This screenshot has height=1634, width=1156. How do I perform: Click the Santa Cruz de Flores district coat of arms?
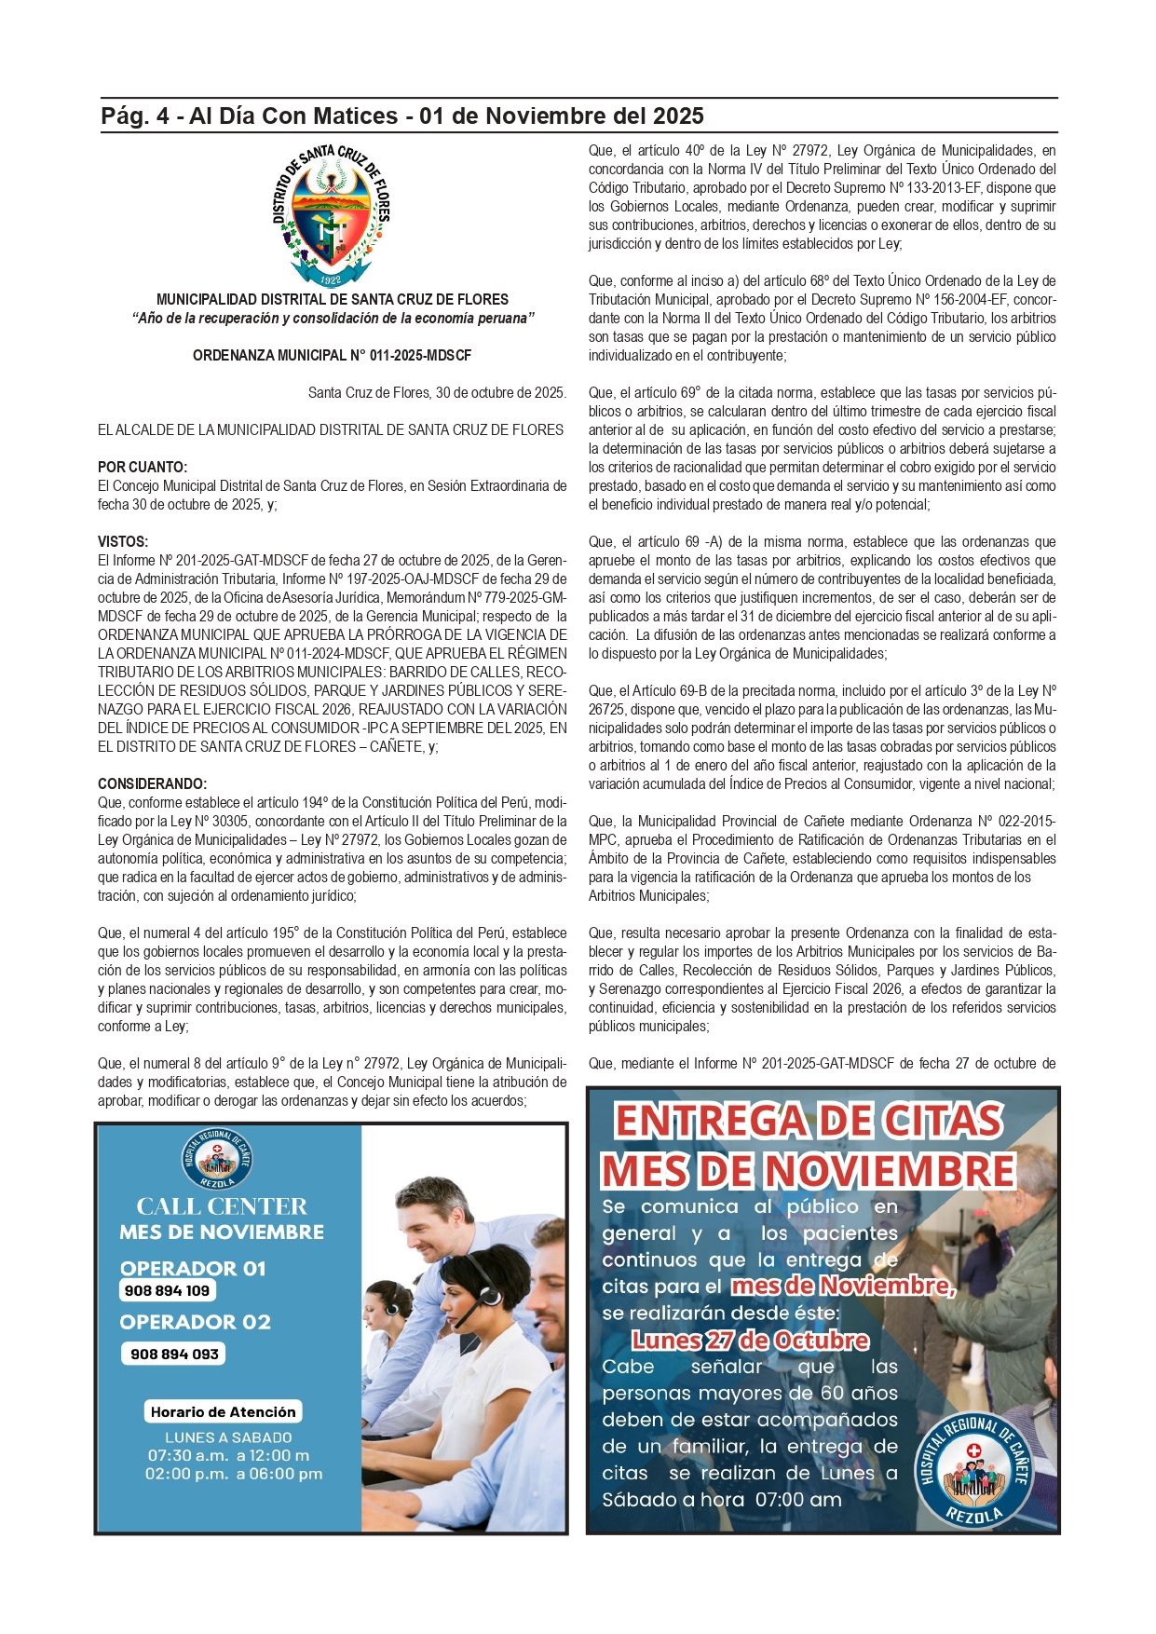[x=331, y=217]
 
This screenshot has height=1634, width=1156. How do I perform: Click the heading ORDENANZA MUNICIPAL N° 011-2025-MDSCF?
[x=332, y=356]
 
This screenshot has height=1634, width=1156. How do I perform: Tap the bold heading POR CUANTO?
[x=143, y=468]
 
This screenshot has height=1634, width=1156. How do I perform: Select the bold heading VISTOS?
[x=123, y=542]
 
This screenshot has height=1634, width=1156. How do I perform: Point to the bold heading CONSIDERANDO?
[x=153, y=784]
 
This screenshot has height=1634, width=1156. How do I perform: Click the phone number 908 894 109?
[x=168, y=1290]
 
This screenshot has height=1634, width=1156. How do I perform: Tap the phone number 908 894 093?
[x=174, y=1354]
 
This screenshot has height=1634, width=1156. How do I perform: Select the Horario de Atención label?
[x=223, y=1411]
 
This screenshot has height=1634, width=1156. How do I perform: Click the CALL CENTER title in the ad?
[x=222, y=1206]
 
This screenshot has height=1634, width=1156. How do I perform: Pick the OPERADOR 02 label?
[x=195, y=1322]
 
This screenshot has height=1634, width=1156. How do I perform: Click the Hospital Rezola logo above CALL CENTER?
[x=217, y=1159]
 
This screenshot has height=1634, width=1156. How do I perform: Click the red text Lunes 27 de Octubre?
[x=750, y=1341]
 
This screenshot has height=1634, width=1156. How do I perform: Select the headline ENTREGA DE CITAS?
[x=809, y=1121]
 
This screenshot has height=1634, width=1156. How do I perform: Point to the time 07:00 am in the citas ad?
[x=798, y=1500]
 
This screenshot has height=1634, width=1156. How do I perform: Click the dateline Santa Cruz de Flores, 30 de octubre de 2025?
[x=437, y=393]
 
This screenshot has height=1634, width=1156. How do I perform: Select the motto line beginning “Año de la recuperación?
[x=333, y=319]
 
